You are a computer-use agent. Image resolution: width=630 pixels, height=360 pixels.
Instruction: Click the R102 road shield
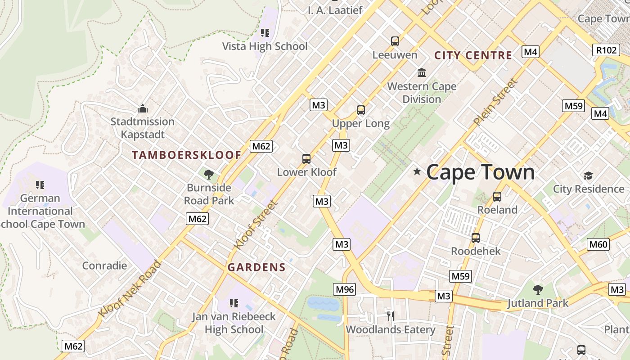(x=606, y=50)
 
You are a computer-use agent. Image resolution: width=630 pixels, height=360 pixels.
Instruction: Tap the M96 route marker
(x=345, y=289)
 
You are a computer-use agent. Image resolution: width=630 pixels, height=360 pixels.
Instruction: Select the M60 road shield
(x=598, y=244)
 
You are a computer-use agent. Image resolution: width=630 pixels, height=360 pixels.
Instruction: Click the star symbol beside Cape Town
(x=417, y=171)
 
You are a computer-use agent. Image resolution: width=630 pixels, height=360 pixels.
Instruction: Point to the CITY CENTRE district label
(x=473, y=55)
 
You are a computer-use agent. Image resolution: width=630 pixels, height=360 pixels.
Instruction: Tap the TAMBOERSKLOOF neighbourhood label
(x=186, y=155)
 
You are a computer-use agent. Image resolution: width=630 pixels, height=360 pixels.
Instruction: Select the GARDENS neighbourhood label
(x=256, y=267)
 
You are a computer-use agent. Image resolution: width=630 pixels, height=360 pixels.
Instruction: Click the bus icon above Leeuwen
(x=395, y=41)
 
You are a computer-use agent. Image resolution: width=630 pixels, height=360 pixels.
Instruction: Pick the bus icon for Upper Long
(x=360, y=110)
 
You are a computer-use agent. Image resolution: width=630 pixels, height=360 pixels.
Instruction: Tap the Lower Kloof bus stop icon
(x=306, y=158)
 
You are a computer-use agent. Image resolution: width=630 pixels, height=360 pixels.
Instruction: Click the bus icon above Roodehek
(x=476, y=238)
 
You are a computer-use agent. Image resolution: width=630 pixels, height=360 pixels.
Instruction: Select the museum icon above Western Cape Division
(x=422, y=72)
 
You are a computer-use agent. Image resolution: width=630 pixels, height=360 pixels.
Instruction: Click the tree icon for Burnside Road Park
(x=208, y=174)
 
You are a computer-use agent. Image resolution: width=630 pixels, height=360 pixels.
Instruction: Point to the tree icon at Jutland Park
(x=538, y=289)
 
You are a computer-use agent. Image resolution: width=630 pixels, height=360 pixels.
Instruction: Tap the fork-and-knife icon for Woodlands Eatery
(x=390, y=316)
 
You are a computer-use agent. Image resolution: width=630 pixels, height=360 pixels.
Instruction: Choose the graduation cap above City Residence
(x=588, y=175)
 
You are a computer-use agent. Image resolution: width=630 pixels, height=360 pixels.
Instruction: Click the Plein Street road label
(x=495, y=103)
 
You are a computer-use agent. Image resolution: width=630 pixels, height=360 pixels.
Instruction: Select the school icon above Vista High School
(x=265, y=32)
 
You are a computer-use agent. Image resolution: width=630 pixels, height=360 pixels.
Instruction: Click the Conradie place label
(x=104, y=265)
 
